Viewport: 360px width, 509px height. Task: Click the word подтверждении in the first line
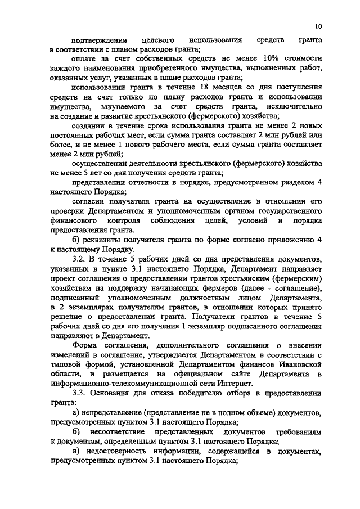coord(96,40)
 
